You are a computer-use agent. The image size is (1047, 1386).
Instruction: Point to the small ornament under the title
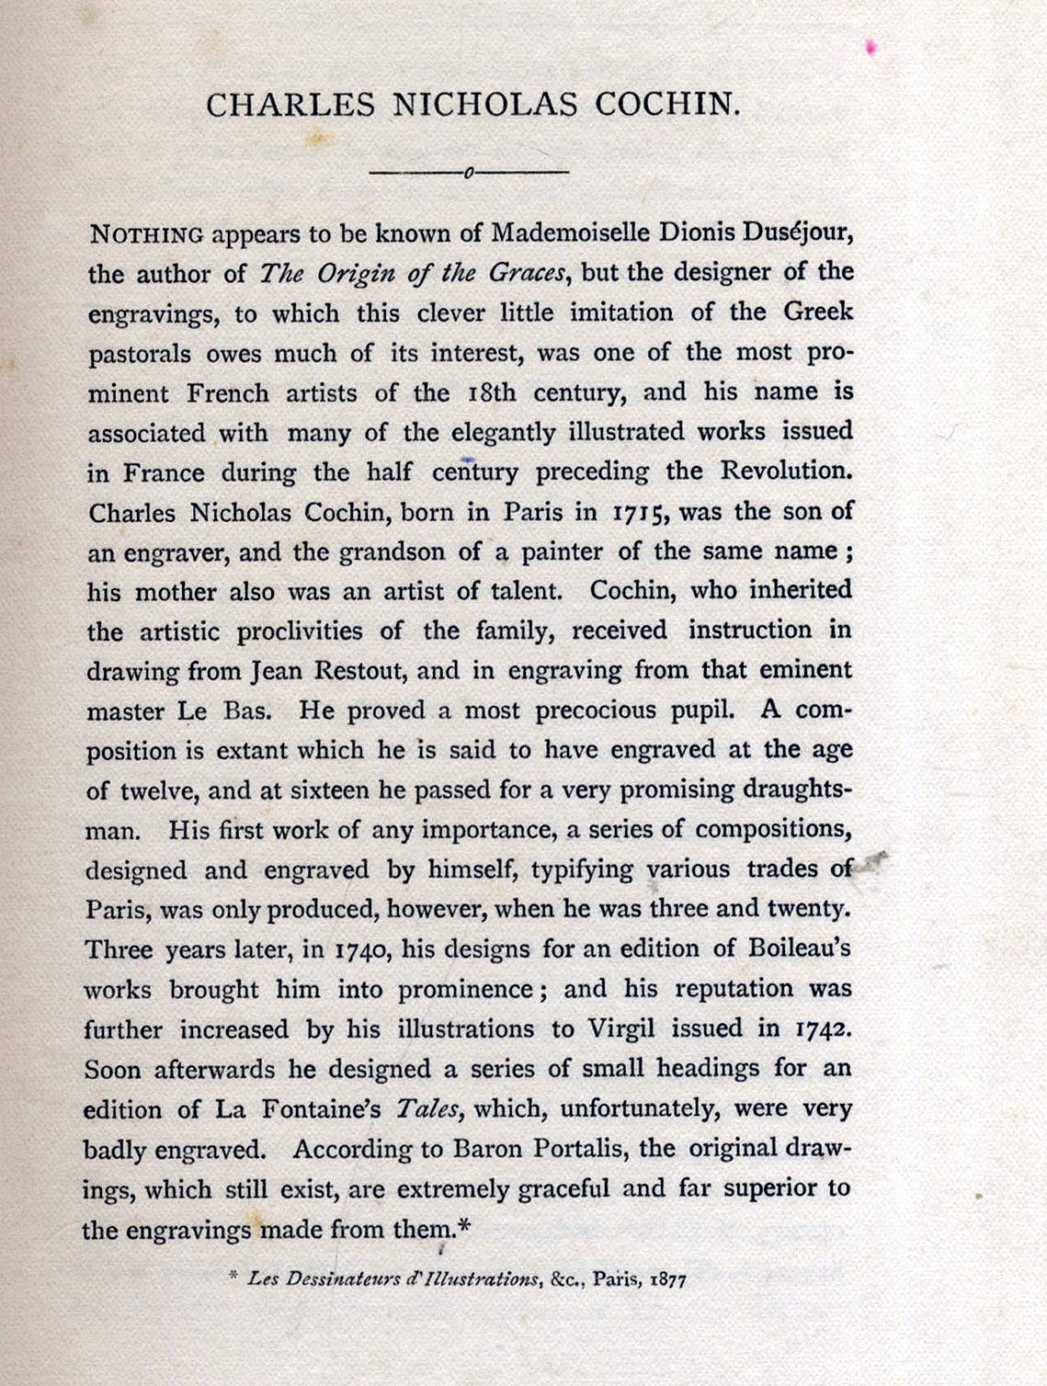pyautogui.click(x=468, y=172)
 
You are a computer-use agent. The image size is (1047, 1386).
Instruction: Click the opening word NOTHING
pyautogui.click(x=146, y=233)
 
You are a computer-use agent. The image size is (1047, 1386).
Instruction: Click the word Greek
pyautogui.click(x=818, y=312)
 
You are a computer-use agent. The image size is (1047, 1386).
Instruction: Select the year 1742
pyautogui.click(x=821, y=1028)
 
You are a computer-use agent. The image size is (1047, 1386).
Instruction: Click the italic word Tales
pyautogui.click(x=429, y=1109)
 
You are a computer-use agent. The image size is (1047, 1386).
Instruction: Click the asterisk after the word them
pyautogui.click(x=464, y=1225)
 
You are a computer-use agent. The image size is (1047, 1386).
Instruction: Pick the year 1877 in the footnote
pyautogui.click(x=667, y=1279)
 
